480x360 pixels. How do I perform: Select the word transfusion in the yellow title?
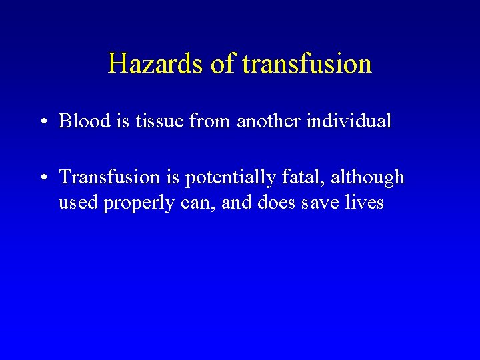(x=307, y=64)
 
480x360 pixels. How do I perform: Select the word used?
(x=78, y=203)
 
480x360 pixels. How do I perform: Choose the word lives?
(x=365, y=202)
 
